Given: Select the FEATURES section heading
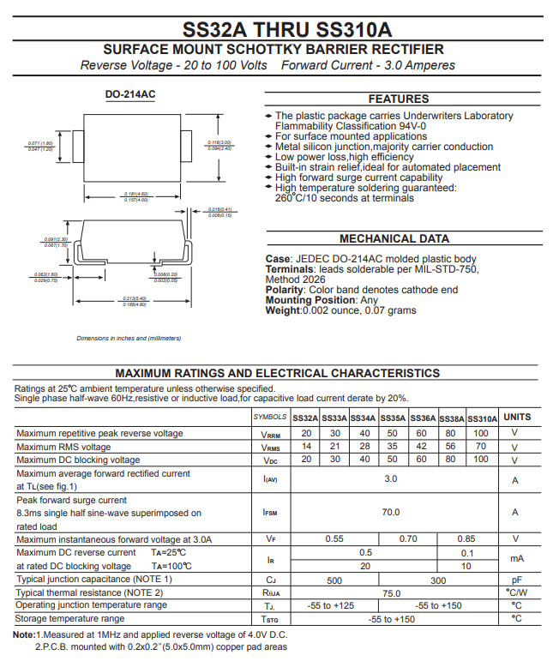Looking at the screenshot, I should coord(399,99).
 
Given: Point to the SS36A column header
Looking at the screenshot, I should coord(423,418).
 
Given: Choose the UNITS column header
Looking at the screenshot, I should coord(516,417).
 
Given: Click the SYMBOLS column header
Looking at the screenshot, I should coord(270,418).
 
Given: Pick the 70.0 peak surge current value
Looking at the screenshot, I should coord(391,512).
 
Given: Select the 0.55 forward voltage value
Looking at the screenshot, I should coord(335,538).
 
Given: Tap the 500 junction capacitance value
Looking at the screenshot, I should coord(335,580).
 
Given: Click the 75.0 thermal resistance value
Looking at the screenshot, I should coord(391,592).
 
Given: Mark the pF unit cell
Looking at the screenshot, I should coord(516,580).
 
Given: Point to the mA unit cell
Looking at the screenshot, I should coord(516,559).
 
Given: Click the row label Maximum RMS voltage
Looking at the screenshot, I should coord(63,447).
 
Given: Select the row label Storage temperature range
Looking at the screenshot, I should coord(70,618).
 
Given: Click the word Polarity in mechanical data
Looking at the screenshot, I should coord(285,290).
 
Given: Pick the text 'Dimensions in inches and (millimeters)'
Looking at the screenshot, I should coord(129,339).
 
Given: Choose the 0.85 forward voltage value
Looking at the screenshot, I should coord(466,538).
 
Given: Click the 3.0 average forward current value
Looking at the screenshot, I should coord(391,478).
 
